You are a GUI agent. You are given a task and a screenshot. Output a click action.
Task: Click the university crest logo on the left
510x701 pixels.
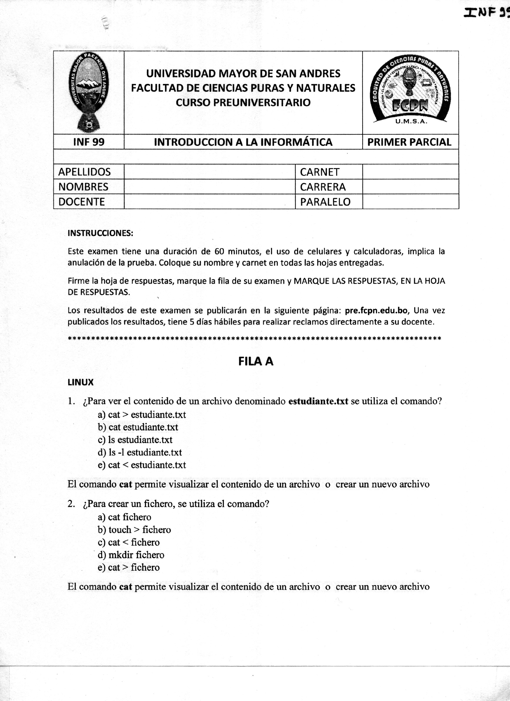pyautogui.click(x=89, y=92)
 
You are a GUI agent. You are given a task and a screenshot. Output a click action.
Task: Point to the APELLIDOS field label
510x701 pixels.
pyautogui.click(x=84, y=172)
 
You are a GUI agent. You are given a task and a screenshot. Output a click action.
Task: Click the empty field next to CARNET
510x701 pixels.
pyautogui.click(x=410, y=172)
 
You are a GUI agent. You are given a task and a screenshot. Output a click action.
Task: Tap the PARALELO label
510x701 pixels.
pyautogui.click(x=325, y=202)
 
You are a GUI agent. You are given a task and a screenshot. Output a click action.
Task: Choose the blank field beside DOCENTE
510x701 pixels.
pyautogui.click(x=209, y=202)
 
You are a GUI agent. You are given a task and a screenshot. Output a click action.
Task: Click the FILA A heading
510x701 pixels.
pyautogui.click(x=256, y=361)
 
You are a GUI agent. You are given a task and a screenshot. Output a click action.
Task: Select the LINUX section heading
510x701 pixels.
pyautogui.click(x=80, y=382)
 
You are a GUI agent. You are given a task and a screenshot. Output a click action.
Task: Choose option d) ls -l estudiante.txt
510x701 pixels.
pyautogui.click(x=140, y=452)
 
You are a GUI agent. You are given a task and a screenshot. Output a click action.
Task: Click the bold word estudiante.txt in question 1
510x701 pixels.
pyautogui.click(x=318, y=401)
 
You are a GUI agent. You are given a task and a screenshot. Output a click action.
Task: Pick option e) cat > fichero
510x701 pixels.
pyautogui.click(x=129, y=567)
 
